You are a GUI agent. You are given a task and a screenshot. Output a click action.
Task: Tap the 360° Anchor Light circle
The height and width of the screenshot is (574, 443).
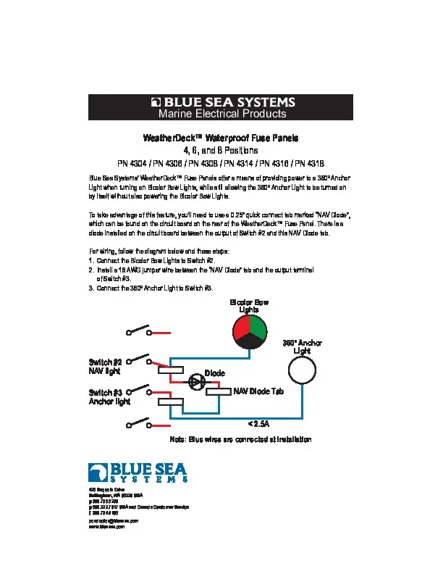coord(303,372)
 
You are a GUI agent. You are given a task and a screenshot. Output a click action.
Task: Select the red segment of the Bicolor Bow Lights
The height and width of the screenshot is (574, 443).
coord(242,330)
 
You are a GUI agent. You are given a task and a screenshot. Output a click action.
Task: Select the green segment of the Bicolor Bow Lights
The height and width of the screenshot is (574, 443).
coord(258,330)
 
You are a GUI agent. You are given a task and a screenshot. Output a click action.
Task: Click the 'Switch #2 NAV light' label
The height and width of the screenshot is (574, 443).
coord(104,367)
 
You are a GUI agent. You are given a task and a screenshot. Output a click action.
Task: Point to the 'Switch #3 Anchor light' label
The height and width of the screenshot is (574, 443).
coord(108,396)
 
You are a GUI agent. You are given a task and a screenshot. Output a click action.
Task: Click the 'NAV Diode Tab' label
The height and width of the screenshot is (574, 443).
coord(258,391)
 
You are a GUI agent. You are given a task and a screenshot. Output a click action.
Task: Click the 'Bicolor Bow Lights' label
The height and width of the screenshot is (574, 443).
coord(249,305)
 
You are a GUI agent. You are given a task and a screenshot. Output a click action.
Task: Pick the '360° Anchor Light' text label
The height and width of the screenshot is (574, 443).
coord(302,346)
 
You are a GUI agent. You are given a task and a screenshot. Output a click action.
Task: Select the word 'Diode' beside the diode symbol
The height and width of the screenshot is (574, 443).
coord(215,373)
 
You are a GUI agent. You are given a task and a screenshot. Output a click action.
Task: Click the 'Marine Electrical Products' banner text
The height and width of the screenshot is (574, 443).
coord(222,114)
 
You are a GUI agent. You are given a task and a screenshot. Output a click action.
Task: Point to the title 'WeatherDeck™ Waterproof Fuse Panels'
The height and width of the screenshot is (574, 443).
coord(222,138)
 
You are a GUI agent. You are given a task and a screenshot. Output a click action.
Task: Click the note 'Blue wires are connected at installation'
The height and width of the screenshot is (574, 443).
coord(240,439)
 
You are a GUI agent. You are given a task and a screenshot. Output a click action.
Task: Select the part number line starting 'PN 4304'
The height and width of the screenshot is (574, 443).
coord(222,163)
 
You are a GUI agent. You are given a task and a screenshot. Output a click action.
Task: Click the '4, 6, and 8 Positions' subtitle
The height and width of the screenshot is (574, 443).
coord(222,150)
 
